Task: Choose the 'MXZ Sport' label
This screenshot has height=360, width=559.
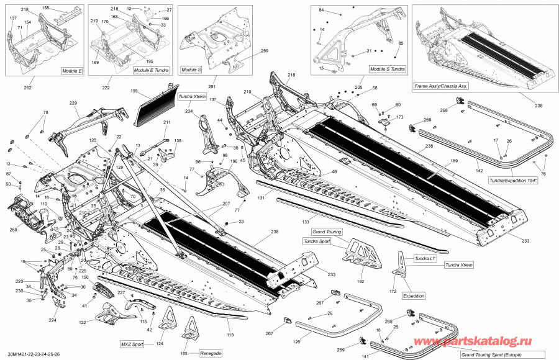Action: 131,343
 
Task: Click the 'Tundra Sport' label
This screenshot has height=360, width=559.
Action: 317,241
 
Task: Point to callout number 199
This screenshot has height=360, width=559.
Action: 134,91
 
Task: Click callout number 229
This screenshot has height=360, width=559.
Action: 73,103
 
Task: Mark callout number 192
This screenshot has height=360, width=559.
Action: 361,281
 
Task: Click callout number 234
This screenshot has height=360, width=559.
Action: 188,112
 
